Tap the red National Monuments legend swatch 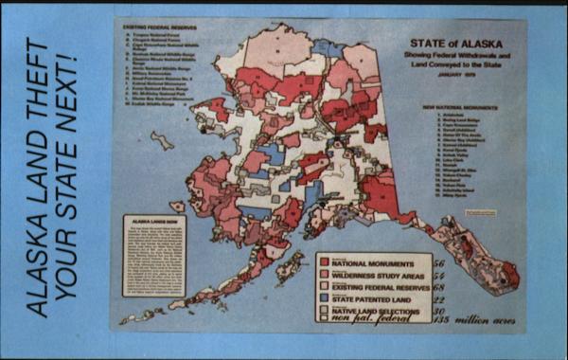pyautogui.click(x=324, y=261)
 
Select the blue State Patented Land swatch pyautogui.click(x=324, y=298)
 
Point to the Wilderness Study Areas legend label pyautogui.click(x=378, y=273)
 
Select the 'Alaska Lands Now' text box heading pyautogui.click(x=152, y=225)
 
